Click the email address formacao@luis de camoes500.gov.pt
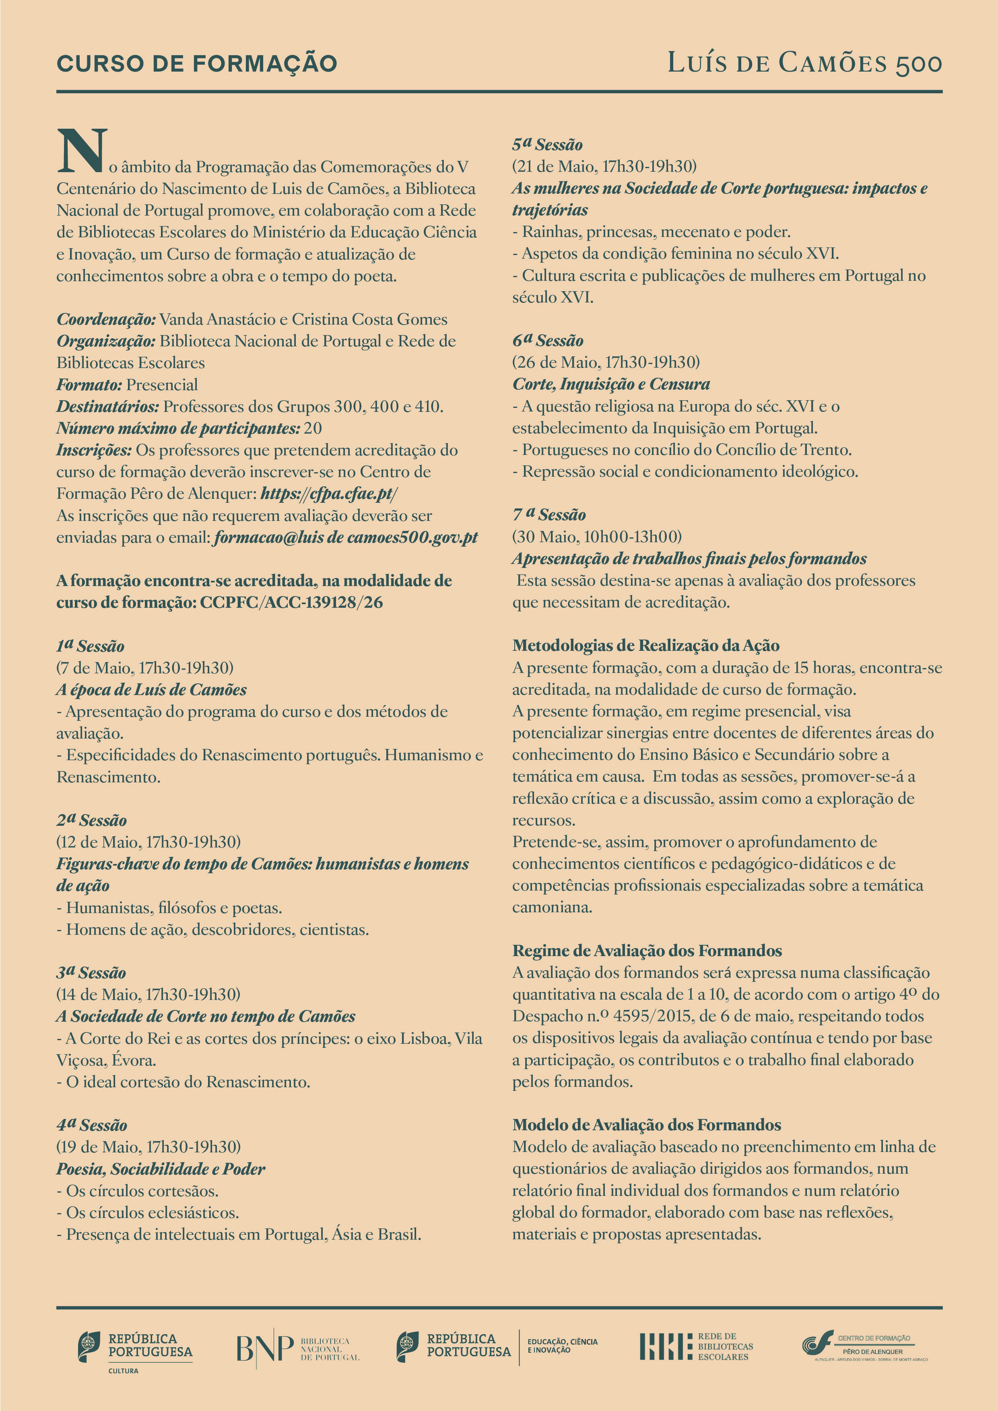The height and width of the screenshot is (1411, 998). pyautogui.click(x=346, y=538)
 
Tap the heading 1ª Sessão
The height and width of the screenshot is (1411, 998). pyautogui.click(x=91, y=646)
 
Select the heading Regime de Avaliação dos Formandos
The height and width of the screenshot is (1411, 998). pyautogui.click(x=647, y=951)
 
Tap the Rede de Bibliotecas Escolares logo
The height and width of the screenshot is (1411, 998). pyautogui.click(x=696, y=1347)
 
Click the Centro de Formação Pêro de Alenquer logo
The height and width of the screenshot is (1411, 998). pyautogui.click(x=864, y=1347)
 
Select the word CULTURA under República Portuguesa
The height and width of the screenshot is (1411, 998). pyautogui.click(x=123, y=1371)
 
